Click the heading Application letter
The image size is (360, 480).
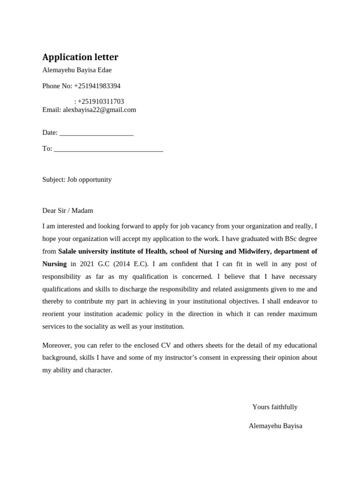80,57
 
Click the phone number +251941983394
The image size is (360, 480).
97,86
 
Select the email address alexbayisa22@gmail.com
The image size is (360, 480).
99,110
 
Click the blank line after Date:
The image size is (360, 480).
97,133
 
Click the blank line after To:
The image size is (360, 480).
108,149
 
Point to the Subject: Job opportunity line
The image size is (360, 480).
77,180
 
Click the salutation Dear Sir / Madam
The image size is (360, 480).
67,210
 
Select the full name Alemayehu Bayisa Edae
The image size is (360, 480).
77,70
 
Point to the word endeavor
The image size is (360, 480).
294,301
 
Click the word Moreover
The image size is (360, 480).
57,345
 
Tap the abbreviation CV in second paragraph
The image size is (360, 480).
166,345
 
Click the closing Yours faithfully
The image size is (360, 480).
275,407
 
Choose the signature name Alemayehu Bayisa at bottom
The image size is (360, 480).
275,426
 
